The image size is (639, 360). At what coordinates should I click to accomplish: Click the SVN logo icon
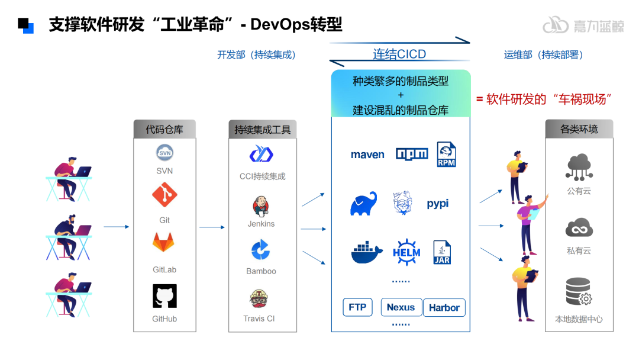164,153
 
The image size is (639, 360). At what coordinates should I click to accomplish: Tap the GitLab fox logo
164,243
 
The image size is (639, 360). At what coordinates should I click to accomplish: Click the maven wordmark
367,155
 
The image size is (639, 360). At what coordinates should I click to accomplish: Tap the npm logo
411,155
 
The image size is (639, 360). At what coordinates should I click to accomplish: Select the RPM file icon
446,154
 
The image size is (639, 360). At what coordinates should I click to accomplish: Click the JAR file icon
443,252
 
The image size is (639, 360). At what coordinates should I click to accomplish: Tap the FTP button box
357,307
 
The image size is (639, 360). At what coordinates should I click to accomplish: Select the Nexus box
401,307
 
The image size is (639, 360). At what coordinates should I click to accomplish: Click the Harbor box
444,308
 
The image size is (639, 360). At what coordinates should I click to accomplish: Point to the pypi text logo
438,204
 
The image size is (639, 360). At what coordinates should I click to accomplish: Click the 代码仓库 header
164,129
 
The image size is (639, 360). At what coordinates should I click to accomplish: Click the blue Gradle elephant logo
364,204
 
